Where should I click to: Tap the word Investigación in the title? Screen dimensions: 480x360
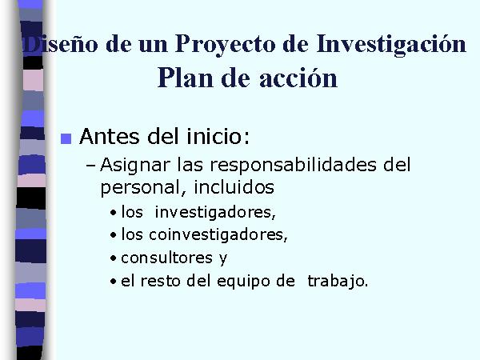pyautogui.click(x=391, y=45)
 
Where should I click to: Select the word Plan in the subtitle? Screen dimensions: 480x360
pyautogui.click(x=186, y=78)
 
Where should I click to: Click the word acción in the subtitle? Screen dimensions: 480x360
pyautogui.click(x=298, y=78)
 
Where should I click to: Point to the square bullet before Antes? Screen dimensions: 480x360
pyautogui.click(x=66, y=138)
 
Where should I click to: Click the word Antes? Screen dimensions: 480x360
pyautogui.click(x=110, y=136)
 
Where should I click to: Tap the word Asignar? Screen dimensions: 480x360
pyautogui.click(x=135, y=166)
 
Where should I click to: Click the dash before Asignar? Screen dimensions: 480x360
pyautogui.click(x=90, y=166)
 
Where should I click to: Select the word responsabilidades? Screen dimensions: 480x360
pyautogui.click(x=294, y=166)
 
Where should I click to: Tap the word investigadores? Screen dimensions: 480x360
pyautogui.click(x=215, y=213)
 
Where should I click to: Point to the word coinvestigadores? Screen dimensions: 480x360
pyautogui.click(x=218, y=235)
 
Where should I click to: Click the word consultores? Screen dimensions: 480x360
pyautogui.click(x=167, y=258)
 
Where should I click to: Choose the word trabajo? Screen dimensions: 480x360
pyautogui.click(x=338, y=282)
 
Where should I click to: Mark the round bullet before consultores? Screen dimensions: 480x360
pyautogui.click(x=114, y=258)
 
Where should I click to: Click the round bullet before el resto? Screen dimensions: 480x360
pyautogui.click(x=114, y=282)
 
